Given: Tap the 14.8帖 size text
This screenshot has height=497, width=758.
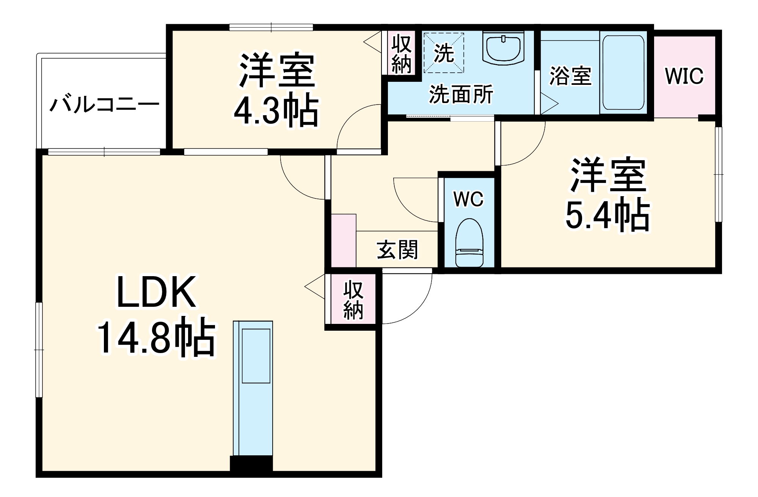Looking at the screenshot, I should point(156,336).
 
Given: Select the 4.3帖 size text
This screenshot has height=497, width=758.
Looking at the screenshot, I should point(276,110).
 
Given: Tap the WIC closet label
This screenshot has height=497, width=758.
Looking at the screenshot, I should point(684,76).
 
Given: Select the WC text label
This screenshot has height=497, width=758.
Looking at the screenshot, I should point(469,199).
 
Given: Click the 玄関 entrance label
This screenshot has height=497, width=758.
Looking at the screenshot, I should point(397,250).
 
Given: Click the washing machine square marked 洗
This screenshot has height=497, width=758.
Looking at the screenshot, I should point(444,53).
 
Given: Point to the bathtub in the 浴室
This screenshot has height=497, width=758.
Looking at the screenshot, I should point(623,73).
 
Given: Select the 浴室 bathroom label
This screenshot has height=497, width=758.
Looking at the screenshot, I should point(570,76).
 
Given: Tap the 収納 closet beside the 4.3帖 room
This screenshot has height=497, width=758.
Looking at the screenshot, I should point(402,54).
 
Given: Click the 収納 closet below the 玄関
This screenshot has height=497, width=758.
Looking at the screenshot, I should point(353,300).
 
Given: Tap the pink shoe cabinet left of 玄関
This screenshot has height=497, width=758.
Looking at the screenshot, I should point(344,241).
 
